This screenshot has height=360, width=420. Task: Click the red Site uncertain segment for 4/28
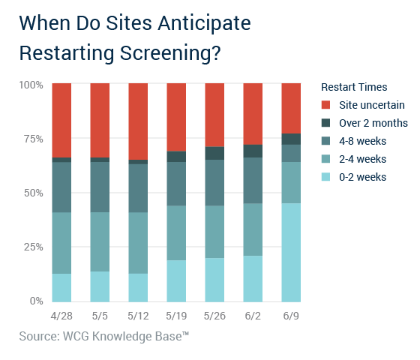(x=61, y=120)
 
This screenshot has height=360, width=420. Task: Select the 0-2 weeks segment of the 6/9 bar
(x=291, y=252)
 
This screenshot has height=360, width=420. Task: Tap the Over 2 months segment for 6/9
(x=291, y=139)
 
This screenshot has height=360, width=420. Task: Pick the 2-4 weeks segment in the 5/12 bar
(x=138, y=243)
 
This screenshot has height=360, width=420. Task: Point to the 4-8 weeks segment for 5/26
(x=214, y=183)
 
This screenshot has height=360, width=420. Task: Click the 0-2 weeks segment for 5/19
(x=176, y=281)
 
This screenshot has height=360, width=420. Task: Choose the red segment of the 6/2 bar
(x=253, y=114)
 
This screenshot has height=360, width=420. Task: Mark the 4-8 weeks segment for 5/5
(x=100, y=187)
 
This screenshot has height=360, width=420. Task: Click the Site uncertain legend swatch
(x=325, y=105)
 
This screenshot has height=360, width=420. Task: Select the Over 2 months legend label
(x=373, y=123)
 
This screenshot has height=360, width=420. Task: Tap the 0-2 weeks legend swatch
(x=325, y=177)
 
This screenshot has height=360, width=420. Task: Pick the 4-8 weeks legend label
(x=363, y=141)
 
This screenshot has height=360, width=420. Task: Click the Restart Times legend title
(x=354, y=87)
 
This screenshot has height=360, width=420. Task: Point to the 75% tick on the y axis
(x=34, y=139)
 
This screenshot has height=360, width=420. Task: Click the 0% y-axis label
(x=37, y=301)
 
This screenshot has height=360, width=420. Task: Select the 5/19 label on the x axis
(x=176, y=316)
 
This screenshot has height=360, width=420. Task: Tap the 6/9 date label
(x=291, y=316)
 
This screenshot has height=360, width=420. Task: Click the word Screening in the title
(x=170, y=53)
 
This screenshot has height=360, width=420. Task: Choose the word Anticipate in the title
(x=204, y=23)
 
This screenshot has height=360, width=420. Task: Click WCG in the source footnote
(x=76, y=336)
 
